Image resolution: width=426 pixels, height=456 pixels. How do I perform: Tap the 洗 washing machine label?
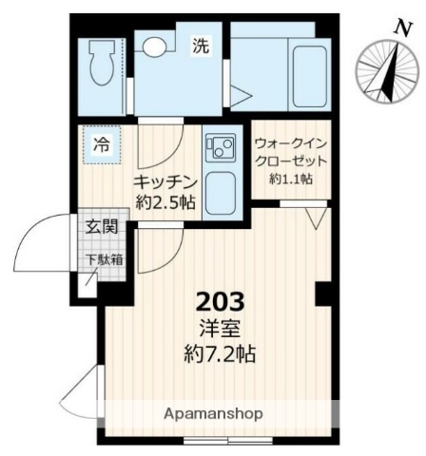(x=201, y=44)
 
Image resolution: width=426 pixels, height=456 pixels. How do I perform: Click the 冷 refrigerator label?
(x=100, y=145)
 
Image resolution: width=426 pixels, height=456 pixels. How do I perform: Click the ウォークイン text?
(x=290, y=143)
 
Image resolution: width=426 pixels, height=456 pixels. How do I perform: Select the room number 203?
(x=221, y=302)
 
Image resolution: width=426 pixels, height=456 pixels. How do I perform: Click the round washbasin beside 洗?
(x=155, y=44)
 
